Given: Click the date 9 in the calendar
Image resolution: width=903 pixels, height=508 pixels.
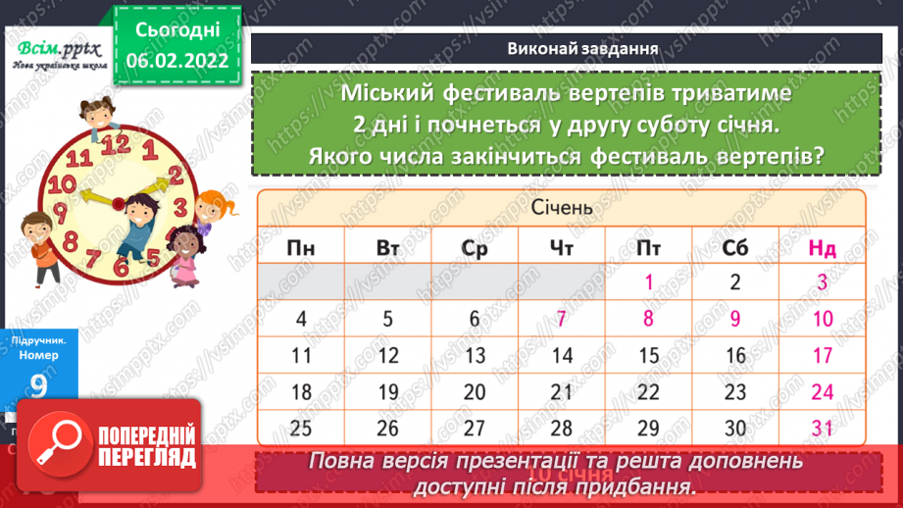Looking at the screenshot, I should [735, 318].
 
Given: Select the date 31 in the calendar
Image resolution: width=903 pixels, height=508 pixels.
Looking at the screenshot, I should [822, 428].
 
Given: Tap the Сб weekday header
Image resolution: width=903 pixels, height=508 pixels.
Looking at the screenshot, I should [735, 248].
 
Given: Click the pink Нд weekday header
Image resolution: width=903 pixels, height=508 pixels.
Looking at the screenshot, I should [822, 248].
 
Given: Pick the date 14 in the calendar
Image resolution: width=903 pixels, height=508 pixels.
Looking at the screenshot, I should [562, 355].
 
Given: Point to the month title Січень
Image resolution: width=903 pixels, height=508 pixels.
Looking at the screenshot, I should [562, 209].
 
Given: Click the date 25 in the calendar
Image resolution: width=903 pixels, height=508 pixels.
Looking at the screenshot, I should [301, 428].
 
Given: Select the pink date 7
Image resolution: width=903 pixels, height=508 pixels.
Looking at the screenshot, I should [562, 318].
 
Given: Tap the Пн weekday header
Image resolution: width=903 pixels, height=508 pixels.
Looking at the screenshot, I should [301, 248].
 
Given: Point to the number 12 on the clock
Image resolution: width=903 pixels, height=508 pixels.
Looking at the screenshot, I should [117, 145].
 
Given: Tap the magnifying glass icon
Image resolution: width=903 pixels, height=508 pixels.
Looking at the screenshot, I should [56, 446].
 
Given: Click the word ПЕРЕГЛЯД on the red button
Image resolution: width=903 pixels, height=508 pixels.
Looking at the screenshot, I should [146, 458].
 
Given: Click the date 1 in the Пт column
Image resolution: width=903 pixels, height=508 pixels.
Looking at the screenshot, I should [648, 282].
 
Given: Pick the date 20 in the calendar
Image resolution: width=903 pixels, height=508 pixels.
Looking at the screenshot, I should [475, 391].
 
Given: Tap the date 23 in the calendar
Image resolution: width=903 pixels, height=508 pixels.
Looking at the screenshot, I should [735, 391].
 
